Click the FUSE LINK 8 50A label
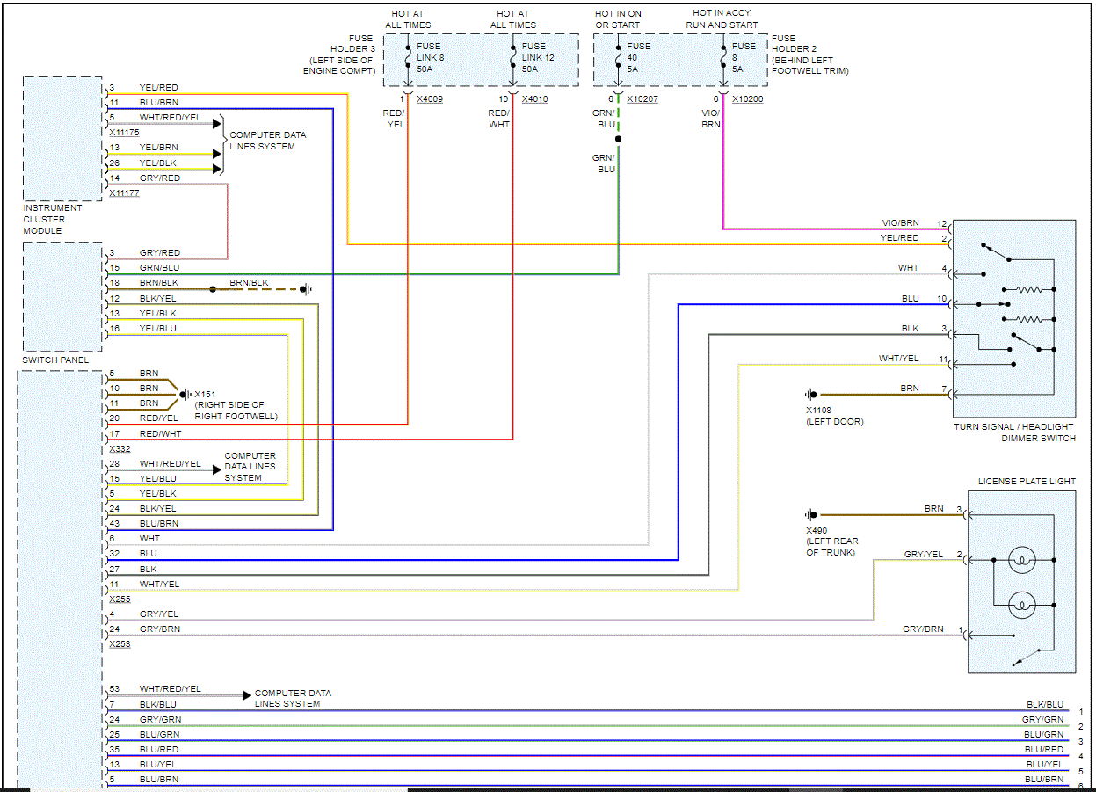click(x=429, y=57)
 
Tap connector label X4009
click(x=430, y=99)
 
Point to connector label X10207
click(x=642, y=99)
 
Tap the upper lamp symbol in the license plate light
click(x=1021, y=560)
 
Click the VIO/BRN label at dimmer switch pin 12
click(x=900, y=223)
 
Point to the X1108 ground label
click(x=818, y=411)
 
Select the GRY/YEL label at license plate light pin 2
click(x=923, y=555)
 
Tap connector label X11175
click(x=124, y=132)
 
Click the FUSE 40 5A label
click(x=639, y=57)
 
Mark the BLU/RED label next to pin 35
click(x=158, y=750)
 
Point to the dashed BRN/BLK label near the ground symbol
click(x=248, y=283)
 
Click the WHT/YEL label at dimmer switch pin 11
click(x=898, y=359)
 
